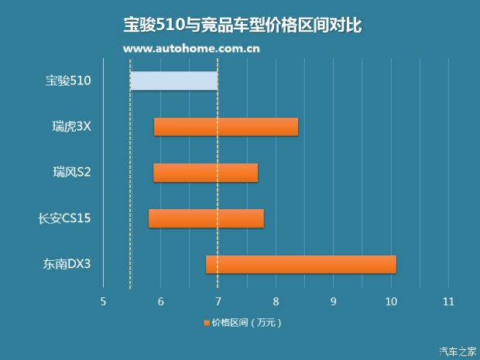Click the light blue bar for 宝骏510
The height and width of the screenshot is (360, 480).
[173, 81]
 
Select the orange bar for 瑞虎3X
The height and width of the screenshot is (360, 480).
[226, 126]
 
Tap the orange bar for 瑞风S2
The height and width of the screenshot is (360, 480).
[205, 173]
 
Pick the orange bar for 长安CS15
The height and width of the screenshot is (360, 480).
[206, 218]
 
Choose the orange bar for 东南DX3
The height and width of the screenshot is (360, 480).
[301, 264]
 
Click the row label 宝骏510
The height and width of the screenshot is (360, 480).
[68, 81]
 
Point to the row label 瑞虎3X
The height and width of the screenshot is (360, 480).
[67, 126]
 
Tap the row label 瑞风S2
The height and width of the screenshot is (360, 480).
[67, 173]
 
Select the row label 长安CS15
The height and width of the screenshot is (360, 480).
[65, 218]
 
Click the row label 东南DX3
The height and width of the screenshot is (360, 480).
[67, 264]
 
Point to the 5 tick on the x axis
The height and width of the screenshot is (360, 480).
[103, 301]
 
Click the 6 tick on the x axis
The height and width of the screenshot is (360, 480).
[160, 301]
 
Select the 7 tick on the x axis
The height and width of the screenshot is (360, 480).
[218, 301]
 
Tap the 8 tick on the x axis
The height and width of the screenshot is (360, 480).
[276, 301]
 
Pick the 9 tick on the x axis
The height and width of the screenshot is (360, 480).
[333, 301]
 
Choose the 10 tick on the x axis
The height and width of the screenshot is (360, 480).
[390, 301]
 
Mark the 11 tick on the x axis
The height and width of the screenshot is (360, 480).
[447, 301]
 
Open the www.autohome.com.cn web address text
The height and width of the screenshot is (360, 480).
[191, 49]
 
